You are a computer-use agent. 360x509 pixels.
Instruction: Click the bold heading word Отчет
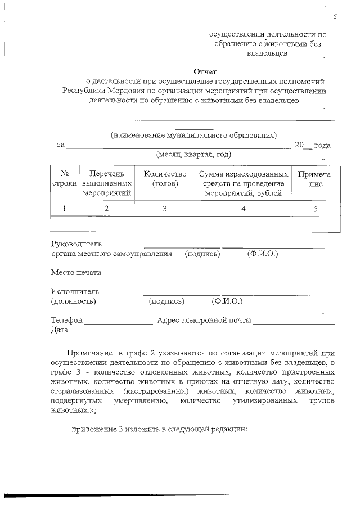tap(205, 71)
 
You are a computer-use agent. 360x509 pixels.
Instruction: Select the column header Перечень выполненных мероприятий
tap(106, 183)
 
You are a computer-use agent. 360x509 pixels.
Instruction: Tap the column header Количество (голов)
tap(165, 179)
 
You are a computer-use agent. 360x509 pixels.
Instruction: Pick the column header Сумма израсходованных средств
tap(244, 183)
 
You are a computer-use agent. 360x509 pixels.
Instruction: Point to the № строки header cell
tap(64, 179)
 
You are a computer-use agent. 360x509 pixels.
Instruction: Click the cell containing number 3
tap(165, 209)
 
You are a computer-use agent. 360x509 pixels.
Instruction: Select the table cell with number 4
tap(244, 209)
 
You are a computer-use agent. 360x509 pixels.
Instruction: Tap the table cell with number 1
tap(64, 209)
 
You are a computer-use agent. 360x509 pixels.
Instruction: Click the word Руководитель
tap(76, 245)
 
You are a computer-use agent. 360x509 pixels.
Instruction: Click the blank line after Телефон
tap(119, 322)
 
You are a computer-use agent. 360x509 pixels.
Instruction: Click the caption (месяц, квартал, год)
tap(193, 154)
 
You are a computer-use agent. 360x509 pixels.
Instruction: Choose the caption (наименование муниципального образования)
tap(193, 135)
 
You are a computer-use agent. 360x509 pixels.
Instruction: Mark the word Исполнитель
tap(75, 291)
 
